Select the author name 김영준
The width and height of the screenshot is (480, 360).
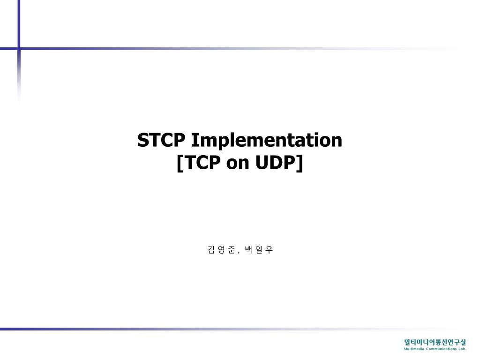(221, 250)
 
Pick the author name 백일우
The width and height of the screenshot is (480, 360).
(259, 250)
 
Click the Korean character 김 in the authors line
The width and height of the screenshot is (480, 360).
(210, 250)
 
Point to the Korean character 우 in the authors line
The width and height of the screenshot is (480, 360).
(269, 250)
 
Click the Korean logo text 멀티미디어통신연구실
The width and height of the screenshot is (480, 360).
(435, 342)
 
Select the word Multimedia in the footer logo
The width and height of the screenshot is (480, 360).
(414, 349)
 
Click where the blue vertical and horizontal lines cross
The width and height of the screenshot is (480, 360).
(19, 48)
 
